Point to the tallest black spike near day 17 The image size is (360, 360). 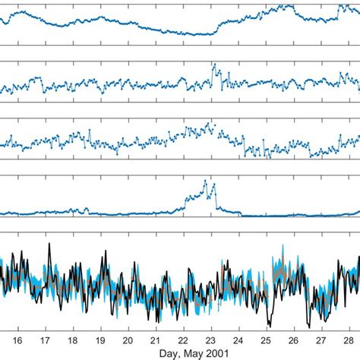(49, 244)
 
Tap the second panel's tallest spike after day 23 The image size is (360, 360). (214, 68)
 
